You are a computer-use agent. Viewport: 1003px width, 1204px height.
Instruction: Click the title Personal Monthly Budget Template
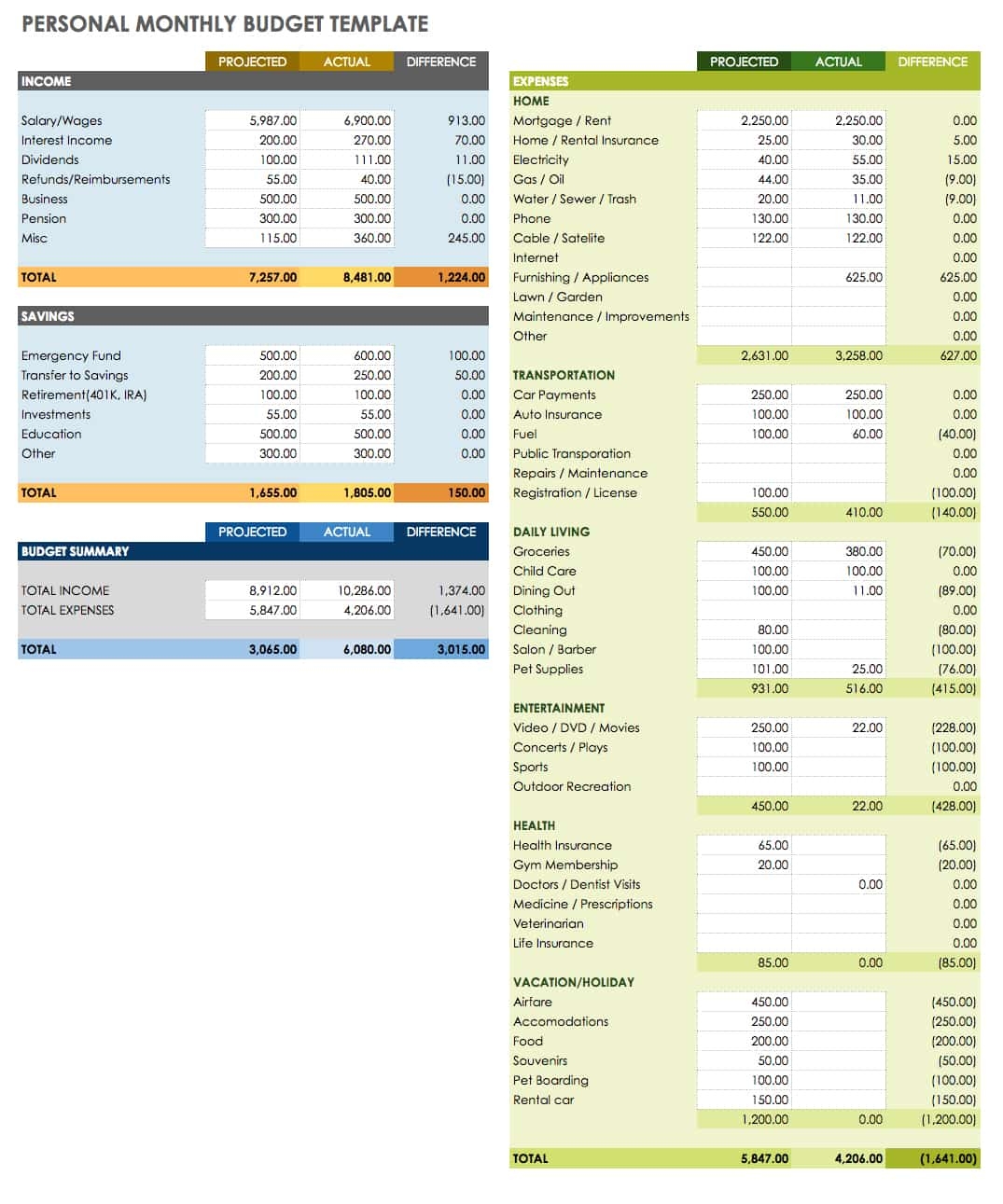[x=225, y=24]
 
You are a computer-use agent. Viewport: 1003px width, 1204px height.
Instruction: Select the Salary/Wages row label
[x=62, y=120]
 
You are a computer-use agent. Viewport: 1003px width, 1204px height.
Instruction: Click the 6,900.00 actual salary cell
[x=367, y=120]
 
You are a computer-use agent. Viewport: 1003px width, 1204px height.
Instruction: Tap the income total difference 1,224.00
[x=461, y=277]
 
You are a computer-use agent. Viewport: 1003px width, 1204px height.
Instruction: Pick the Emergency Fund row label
[x=71, y=355]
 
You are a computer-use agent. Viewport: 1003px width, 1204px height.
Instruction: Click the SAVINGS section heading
[x=48, y=316]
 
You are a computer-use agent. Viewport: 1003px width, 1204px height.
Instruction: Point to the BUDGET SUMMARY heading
[x=75, y=551]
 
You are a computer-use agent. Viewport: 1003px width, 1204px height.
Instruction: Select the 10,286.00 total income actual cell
[x=364, y=590]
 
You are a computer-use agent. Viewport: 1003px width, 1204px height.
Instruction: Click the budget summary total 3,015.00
[x=461, y=649]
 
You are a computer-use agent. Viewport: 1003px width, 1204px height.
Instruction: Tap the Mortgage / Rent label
[x=562, y=120]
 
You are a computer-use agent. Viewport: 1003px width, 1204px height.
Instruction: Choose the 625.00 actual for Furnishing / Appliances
[x=863, y=277]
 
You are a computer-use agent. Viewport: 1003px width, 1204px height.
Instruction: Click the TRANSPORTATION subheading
[x=564, y=375]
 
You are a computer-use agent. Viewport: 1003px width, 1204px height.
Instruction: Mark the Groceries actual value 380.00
[x=863, y=551]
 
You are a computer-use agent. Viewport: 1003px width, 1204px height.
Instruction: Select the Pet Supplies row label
[x=548, y=669]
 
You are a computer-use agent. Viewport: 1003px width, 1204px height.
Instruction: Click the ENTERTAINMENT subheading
[x=558, y=708]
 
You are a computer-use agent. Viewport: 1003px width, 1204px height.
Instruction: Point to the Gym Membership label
[x=564, y=865]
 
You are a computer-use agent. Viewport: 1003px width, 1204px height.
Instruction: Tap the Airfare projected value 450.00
[x=769, y=1002]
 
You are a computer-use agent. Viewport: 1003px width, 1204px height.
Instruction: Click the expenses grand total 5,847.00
[x=764, y=1158]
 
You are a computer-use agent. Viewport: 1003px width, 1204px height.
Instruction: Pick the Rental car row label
[x=543, y=1100]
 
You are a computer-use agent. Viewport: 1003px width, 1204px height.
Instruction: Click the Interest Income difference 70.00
[x=469, y=140]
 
